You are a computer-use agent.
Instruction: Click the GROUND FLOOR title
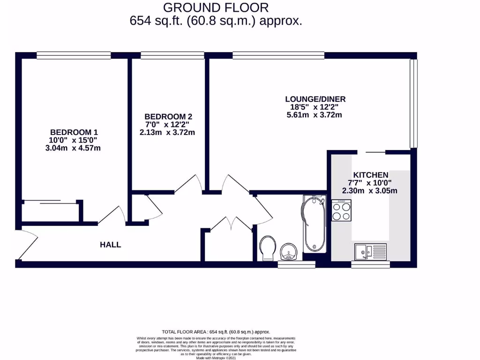[216, 7]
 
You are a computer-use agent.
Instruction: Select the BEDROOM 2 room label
[168, 116]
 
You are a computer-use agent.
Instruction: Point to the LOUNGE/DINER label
[315, 99]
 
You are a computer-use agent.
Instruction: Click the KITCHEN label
[370, 174]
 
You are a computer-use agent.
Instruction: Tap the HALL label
[110, 244]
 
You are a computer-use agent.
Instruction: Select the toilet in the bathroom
[268, 247]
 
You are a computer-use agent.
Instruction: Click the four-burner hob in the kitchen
[341, 210]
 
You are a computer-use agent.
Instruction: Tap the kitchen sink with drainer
[370, 252]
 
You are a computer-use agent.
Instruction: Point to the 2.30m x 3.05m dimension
[370, 191]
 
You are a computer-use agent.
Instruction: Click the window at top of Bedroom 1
[74, 55]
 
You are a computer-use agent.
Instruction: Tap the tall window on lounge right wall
[413, 102]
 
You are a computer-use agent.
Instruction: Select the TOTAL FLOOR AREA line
[216, 331]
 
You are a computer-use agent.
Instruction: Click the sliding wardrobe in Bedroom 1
[50, 203]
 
